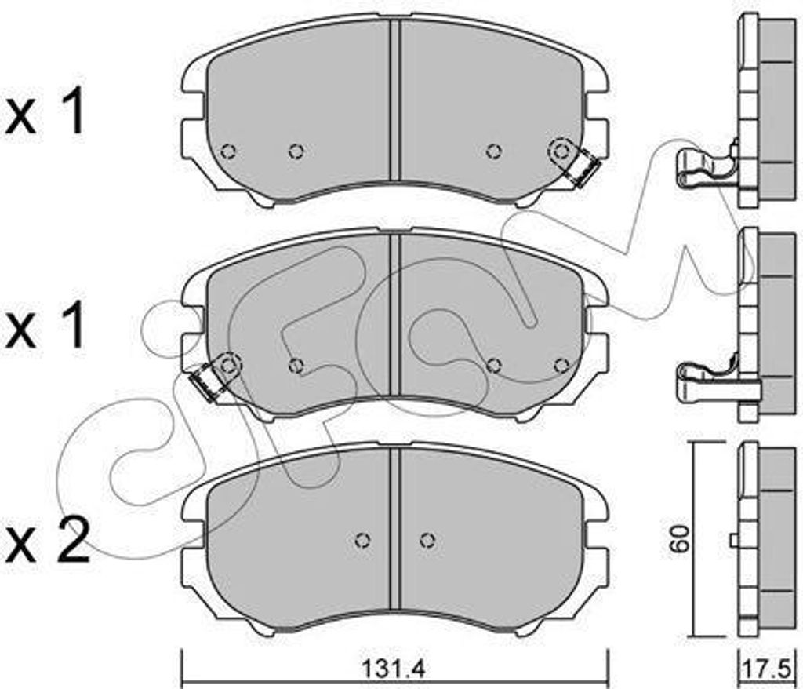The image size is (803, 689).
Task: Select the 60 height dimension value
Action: click(x=681, y=538)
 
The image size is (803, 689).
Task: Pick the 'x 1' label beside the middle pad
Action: click(x=44, y=325)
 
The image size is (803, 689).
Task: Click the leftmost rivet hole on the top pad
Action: click(x=228, y=151)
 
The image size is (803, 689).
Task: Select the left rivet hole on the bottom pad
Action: click(x=362, y=540)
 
